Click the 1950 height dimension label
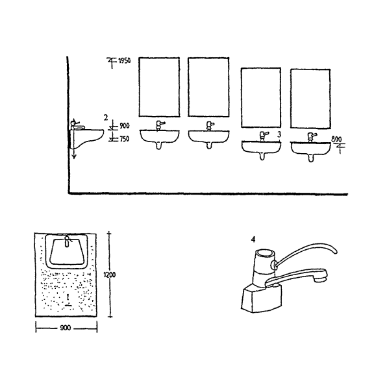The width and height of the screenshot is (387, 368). [125, 60]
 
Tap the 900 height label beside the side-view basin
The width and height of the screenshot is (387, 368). [125, 126]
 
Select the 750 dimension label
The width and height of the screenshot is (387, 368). [125, 139]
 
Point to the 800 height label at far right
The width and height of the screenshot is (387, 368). [336, 140]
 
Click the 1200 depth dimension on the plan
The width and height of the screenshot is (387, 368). [109, 275]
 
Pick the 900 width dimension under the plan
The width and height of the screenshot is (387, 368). [66, 328]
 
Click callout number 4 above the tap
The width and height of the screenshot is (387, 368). [253, 239]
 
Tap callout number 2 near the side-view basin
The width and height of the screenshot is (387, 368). [106, 117]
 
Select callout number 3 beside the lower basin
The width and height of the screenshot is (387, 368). [279, 134]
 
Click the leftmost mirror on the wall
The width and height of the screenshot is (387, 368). [159, 87]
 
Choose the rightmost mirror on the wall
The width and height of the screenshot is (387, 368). [310, 99]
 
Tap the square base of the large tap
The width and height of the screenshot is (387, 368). [262, 298]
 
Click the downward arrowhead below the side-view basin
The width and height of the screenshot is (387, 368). [74, 156]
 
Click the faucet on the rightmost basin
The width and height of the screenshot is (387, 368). [310, 137]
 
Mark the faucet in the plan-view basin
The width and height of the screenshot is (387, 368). [67, 241]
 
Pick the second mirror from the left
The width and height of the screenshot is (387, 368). [208, 87]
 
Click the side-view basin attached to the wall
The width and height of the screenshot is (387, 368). [86, 138]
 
